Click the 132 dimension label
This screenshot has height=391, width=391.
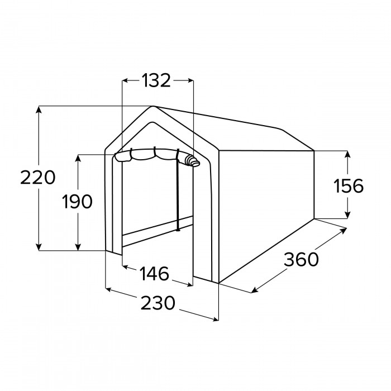[156, 80]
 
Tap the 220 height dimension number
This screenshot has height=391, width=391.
[37, 177]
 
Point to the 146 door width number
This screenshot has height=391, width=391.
[154, 274]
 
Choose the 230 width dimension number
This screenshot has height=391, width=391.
[158, 303]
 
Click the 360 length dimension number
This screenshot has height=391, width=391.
[301, 259]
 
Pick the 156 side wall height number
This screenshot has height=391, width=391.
[349, 186]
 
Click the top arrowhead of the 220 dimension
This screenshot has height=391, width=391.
[39, 109]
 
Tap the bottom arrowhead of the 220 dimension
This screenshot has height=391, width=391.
[39, 247]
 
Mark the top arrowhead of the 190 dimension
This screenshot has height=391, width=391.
[78, 158]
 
